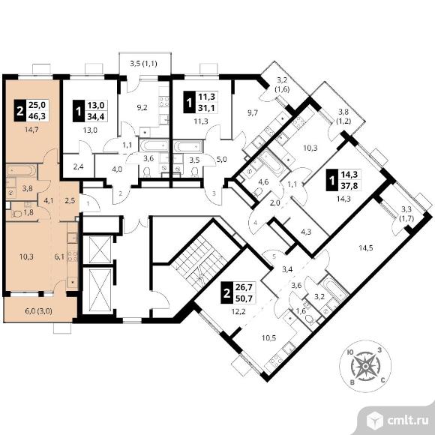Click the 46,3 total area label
(x=37, y=116)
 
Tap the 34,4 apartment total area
(x=96, y=117)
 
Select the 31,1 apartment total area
(x=207, y=108)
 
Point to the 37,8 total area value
(x=349, y=185)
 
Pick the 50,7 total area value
(x=244, y=298)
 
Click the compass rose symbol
(x=365, y=367)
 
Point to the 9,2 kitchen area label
(x=142, y=108)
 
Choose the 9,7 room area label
(x=253, y=113)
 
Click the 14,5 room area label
(x=366, y=247)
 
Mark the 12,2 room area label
(x=238, y=311)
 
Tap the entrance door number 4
(x=255, y=223)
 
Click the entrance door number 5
(x=274, y=256)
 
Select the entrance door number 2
(x=121, y=193)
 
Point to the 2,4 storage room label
(x=79, y=167)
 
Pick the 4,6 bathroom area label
(x=263, y=182)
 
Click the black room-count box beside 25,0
(x=20, y=110)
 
